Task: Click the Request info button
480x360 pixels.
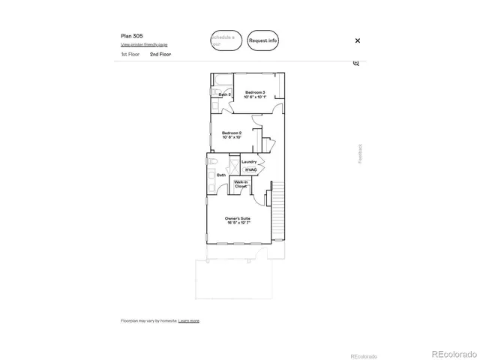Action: [x=263, y=40]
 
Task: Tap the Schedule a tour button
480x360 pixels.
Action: [x=226, y=40]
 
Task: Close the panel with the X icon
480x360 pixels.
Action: [x=358, y=40]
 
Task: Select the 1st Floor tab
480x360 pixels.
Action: [x=130, y=55]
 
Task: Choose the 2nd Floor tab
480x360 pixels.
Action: [x=159, y=55]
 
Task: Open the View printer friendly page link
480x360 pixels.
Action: [x=144, y=45]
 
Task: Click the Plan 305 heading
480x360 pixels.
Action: [x=132, y=35]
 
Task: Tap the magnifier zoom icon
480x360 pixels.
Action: [x=356, y=63]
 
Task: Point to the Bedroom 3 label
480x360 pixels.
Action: [x=255, y=93]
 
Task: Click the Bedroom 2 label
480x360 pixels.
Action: [x=231, y=135]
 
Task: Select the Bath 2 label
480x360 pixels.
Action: [x=224, y=94]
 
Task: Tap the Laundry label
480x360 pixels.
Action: [x=250, y=161]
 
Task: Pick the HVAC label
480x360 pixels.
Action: [x=250, y=170]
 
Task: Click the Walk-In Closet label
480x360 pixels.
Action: [x=241, y=184]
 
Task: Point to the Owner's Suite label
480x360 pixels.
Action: [x=237, y=220]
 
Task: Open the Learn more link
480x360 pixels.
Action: [x=189, y=320]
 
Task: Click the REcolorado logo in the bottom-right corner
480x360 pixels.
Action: [x=452, y=352]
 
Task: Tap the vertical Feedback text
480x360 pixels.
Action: [x=360, y=153]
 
